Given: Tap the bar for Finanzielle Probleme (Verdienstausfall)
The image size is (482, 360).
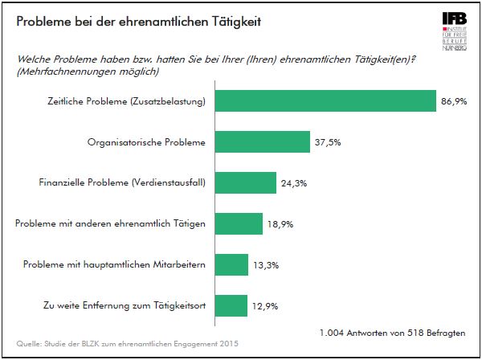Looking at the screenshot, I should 247,183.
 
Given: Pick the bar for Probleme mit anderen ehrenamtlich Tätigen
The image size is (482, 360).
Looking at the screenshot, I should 239,223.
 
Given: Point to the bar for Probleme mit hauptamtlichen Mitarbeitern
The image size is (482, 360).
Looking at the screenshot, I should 232,264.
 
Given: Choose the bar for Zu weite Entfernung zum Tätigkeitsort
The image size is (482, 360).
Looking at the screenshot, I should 231,305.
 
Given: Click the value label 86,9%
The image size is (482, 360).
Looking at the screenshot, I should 454,101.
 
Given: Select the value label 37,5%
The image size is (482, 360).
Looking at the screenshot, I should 327,142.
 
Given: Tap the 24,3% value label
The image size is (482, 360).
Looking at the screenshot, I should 293,183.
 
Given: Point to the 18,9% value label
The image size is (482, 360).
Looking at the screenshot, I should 280,223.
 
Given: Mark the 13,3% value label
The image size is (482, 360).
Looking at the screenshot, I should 265,264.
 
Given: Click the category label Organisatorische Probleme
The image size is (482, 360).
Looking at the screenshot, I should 145,142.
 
